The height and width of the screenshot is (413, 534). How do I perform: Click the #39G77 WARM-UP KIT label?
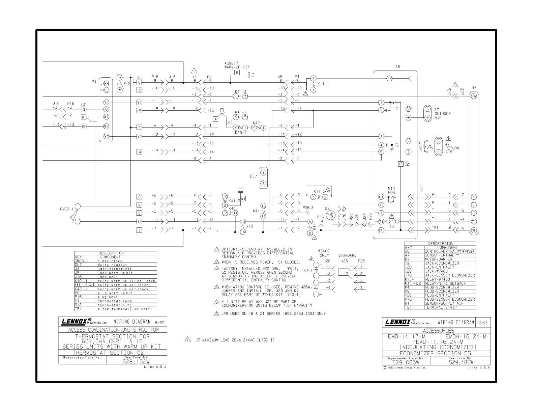click(237, 65)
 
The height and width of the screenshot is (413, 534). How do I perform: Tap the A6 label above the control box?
click(398, 67)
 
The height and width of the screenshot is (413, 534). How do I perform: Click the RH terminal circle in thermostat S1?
click(106, 83)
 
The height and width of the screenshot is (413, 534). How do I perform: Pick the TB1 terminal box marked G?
click(84, 109)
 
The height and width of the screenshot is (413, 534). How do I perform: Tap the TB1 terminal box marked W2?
click(84, 127)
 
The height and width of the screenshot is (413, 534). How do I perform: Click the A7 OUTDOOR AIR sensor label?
click(442, 114)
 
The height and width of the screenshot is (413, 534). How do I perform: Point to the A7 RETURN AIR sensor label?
click(452, 148)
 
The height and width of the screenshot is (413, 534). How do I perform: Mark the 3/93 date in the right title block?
click(485, 323)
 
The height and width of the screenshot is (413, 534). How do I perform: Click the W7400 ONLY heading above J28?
click(324, 253)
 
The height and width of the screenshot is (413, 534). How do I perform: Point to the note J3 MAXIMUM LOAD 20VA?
click(235, 340)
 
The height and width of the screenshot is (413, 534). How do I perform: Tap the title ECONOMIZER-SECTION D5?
click(437, 353)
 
